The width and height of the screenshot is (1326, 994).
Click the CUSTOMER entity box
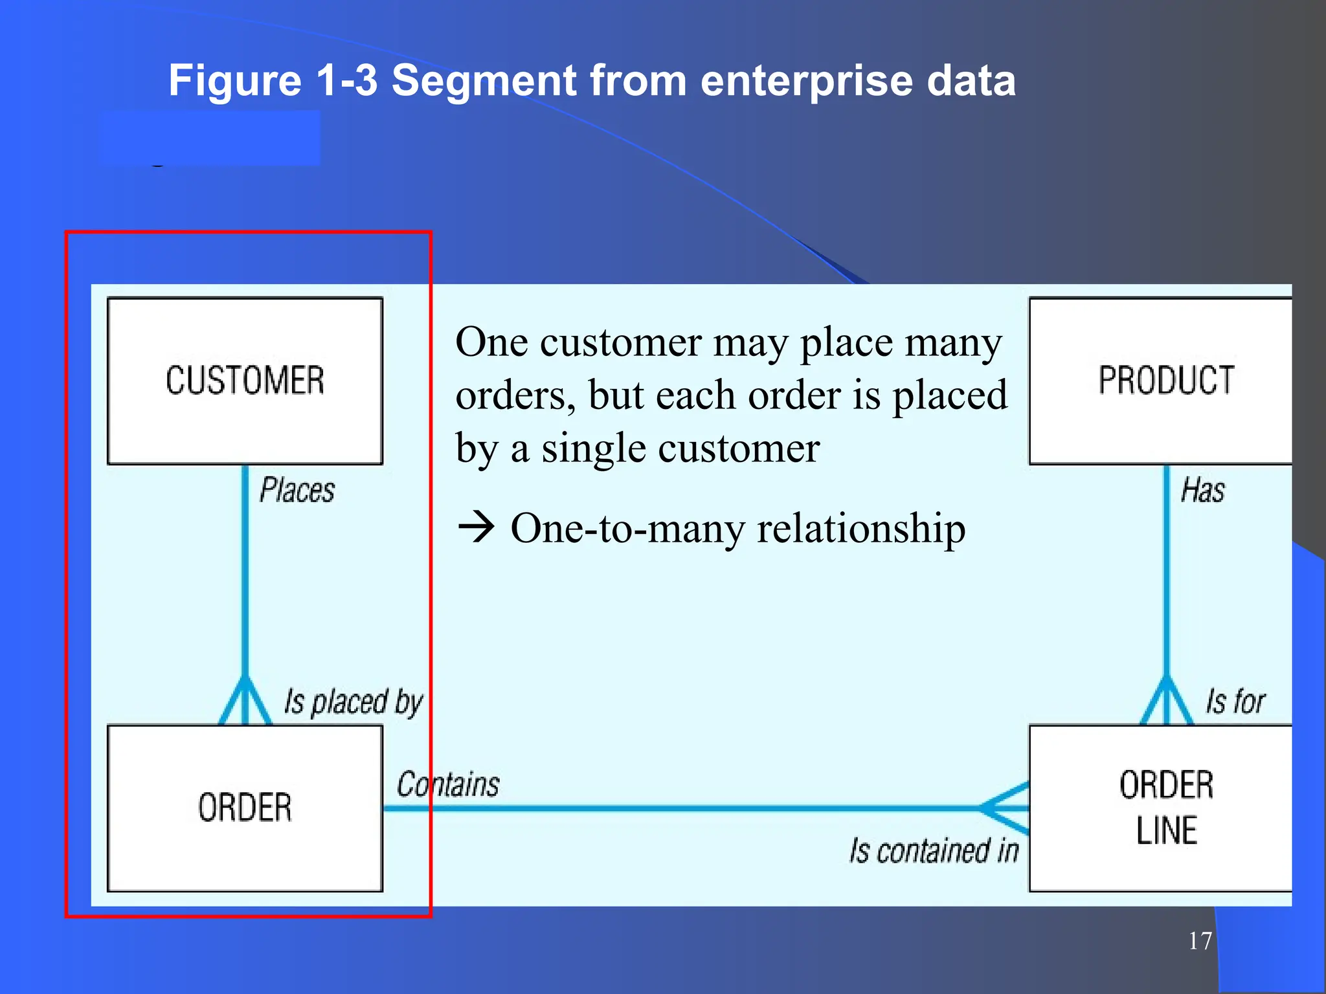[x=245, y=381]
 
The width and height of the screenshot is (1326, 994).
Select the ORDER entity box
[x=245, y=808]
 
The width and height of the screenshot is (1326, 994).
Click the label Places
[x=297, y=490]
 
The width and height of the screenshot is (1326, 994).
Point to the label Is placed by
[x=354, y=702]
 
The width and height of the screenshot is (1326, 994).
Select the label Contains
[x=448, y=784]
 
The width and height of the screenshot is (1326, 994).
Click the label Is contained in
[x=934, y=850]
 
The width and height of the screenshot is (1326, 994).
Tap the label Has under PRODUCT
[x=1202, y=490]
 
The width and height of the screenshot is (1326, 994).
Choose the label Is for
[x=1235, y=701]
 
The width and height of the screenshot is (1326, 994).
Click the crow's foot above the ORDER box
[x=245, y=702]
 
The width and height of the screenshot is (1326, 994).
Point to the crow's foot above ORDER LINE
[x=1166, y=702]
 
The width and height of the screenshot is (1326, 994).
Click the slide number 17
[x=1200, y=941]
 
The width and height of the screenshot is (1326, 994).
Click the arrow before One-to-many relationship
[x=477, y=527]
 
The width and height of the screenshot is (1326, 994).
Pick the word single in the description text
[x=593, y=448]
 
